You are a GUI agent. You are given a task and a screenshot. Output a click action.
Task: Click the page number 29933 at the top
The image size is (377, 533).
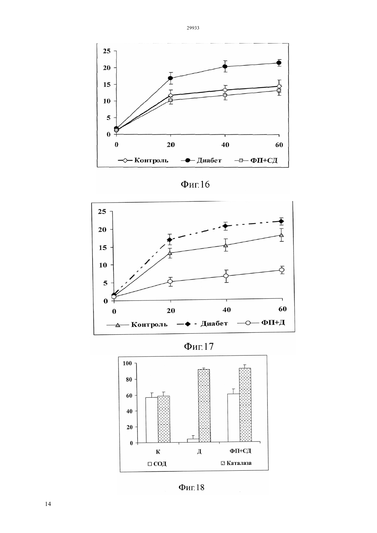(x=193, y=28)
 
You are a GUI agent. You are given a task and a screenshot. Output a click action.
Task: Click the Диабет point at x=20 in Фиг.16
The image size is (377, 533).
(x=170, y=78)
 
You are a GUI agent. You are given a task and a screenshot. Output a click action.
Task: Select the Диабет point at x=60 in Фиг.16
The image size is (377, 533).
(x=279, y=63)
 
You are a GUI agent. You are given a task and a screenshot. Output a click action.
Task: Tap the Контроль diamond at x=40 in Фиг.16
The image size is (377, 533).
(x=225, y=90)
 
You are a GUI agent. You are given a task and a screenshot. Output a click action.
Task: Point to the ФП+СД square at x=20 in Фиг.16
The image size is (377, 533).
(x=170, y=100)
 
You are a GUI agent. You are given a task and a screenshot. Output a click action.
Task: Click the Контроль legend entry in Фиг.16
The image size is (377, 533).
(x=143, y=160)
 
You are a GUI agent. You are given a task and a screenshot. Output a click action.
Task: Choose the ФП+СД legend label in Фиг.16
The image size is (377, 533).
(x=264, y=160)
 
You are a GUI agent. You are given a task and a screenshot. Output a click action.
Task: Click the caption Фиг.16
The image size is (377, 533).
(x=195, y=184)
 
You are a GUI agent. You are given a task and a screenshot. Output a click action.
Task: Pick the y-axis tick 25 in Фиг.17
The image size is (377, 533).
(x=102, y=211)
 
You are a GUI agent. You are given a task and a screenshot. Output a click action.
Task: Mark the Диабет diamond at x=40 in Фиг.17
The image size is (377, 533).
(x=226, y=226)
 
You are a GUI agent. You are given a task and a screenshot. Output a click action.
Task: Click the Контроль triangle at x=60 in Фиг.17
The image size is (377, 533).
(x=282, y=235)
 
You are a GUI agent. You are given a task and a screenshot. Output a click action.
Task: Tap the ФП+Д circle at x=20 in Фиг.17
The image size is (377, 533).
(x=170, y=282)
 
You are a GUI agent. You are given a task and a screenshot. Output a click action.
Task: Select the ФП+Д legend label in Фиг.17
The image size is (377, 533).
(x=273, y=323)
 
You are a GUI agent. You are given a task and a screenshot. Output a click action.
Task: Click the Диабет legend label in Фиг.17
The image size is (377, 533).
(x=214, y=323)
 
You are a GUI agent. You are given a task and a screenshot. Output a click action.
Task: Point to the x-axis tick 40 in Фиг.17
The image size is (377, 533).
(x=227, y=310)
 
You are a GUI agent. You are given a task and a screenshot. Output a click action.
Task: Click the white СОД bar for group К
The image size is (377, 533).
(x=152, y=420)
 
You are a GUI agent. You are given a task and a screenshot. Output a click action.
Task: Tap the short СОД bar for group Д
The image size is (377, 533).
(x=193, y=441)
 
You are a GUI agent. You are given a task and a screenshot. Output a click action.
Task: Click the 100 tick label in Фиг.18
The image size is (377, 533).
(x=127, y=363)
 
